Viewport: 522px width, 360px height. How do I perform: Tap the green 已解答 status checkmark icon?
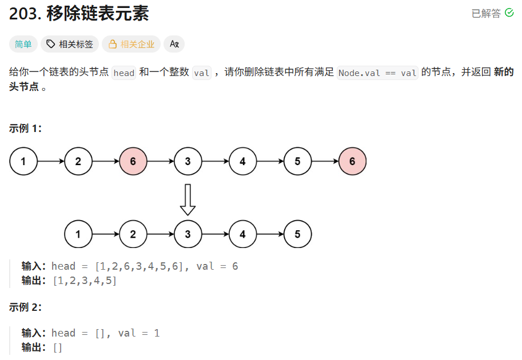pos(509,13)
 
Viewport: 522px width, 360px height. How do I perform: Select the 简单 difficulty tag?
pos(23,44)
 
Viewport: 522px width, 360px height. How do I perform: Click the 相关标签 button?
pos(70,44)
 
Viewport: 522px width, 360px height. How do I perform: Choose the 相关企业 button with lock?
pos(131,44)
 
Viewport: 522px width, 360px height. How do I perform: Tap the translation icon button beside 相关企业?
pos(174,44)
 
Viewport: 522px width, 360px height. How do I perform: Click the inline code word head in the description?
pos(124,73)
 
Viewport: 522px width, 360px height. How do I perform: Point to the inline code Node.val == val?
pos(378,73)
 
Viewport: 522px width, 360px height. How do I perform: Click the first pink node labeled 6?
pos(133,162)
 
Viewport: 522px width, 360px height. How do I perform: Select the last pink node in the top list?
pos(352,162)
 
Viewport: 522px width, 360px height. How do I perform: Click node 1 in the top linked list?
pos(23,162)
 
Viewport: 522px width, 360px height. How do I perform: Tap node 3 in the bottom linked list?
pos(188,234)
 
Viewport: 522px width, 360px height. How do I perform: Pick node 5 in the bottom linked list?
pos(297,234)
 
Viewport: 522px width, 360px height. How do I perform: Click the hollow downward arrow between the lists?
pos(188,200)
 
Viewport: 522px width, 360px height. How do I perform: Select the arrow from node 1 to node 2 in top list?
pos(51,162)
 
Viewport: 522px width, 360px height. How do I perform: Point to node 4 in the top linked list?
pos(242,162)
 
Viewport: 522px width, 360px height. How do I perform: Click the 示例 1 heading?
pos(26,129)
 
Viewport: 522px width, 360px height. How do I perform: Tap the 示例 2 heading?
pos(26,307)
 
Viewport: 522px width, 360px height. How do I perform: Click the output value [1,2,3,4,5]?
pos(85,281)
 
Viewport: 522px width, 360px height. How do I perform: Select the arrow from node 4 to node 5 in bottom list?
pos(270,234)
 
